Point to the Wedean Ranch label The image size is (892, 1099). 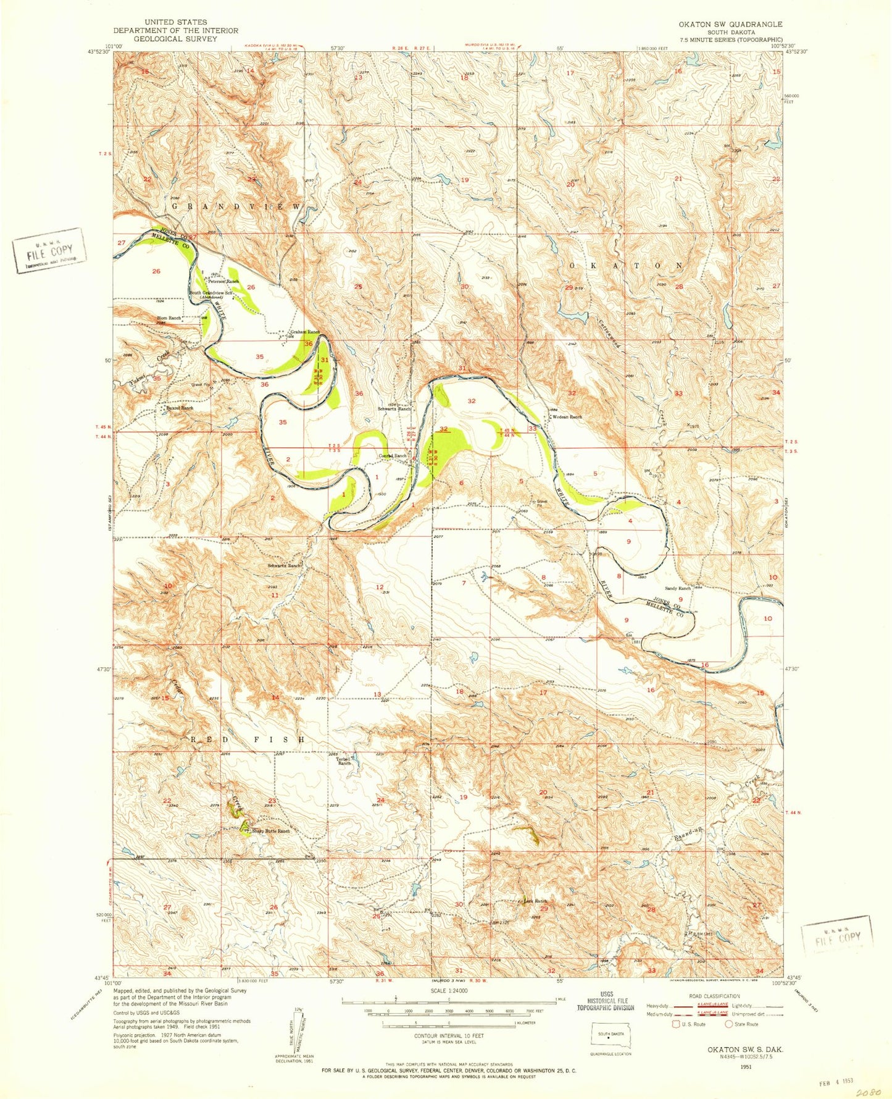coord(567,417)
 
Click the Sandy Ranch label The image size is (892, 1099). coord(677,589)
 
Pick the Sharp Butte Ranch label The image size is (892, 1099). coord(270,831)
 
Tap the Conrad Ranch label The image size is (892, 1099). coord(392,456)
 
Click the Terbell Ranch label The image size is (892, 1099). coord(344,760)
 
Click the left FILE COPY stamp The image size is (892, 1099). coord(49,250)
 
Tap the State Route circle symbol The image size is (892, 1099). coord(729,1024)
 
